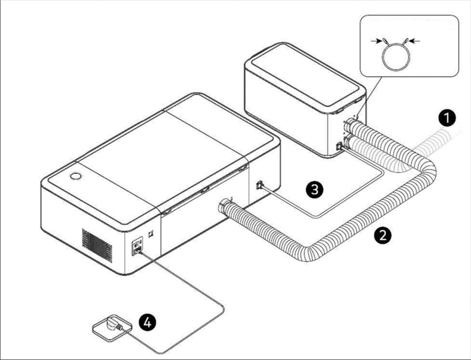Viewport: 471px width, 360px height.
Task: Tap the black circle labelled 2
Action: pyautogui.click(x=383, y=235)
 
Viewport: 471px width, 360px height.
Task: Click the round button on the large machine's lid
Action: pyautogui.click(x=75, y=177)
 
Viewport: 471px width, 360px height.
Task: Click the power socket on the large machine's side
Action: pyautogui.click(x=136, y=248)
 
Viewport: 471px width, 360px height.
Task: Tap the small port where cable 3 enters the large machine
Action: pyautogui.click(x=259, y=185)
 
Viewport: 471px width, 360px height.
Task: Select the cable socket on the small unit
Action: pyautogui.click(x=340, y=146)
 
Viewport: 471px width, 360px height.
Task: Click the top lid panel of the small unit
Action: pyautogui.click(x=304, y=76)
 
